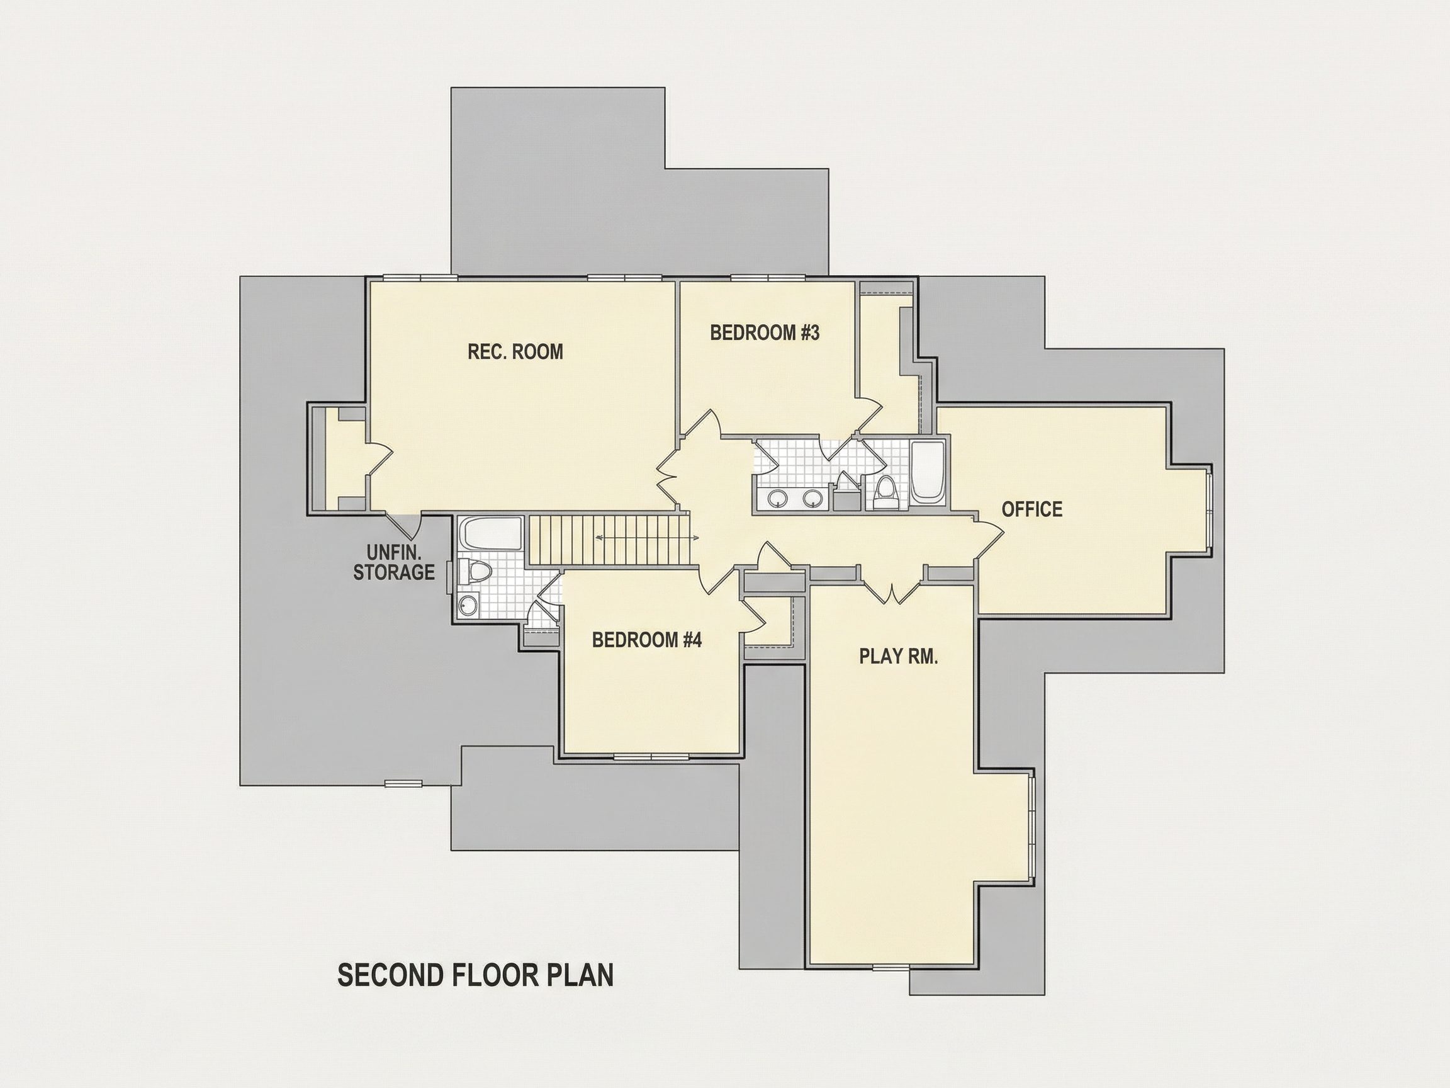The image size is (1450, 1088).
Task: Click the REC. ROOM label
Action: point(515,352)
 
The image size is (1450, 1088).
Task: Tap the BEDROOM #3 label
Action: point(765,333)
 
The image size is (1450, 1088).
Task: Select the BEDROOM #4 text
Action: point(647,640)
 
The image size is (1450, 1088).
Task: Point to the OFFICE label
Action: point(1031,509)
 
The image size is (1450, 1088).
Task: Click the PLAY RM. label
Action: point(899,657)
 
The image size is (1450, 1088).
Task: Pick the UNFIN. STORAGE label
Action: point(394,563)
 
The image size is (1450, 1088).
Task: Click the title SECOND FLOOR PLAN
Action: point(476,975)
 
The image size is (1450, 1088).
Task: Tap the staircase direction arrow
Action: point(647,538)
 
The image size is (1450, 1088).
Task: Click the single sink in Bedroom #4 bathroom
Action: point(468,604)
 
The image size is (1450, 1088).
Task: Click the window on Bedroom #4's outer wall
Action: point(651,757)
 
